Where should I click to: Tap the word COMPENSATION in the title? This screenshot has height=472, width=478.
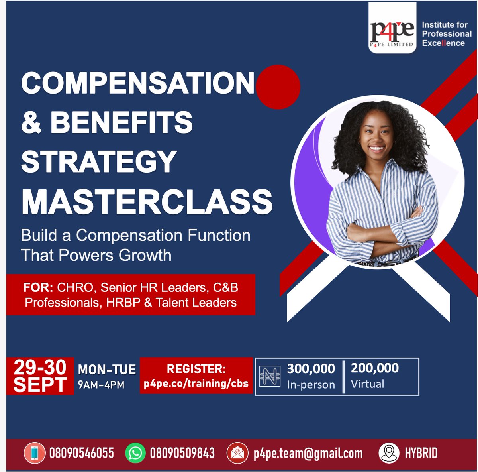click(137, 83)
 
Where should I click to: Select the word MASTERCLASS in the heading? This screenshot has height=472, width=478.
click(147, 201)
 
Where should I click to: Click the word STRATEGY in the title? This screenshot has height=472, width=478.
click(99, 161)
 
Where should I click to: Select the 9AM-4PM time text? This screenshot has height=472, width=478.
click(101, 385)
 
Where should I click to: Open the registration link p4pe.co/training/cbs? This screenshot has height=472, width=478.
click(196, 383)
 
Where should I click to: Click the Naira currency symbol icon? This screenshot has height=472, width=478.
click(270, 376)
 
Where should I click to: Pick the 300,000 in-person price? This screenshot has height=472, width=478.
click(311, 369)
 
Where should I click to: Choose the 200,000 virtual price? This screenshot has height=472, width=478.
click(374, 368)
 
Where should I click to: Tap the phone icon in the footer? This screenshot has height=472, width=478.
click(34, 453)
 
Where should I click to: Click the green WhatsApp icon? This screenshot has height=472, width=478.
click(135, 453)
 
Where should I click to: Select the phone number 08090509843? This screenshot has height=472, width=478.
click(182, 453)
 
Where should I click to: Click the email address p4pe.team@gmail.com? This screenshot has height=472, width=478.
click(308, 454)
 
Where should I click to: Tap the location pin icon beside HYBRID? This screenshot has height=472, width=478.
click(388, 453)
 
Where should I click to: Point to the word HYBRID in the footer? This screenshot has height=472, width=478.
click(421, 453)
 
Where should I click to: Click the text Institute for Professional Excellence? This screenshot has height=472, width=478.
click(446, 34)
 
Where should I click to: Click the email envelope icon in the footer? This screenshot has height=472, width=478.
click(237, 453)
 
